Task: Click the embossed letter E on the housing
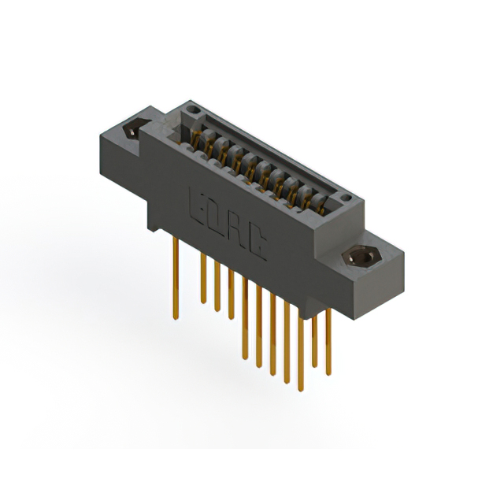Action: point(200,206)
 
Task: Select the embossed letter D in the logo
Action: point(220,218)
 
